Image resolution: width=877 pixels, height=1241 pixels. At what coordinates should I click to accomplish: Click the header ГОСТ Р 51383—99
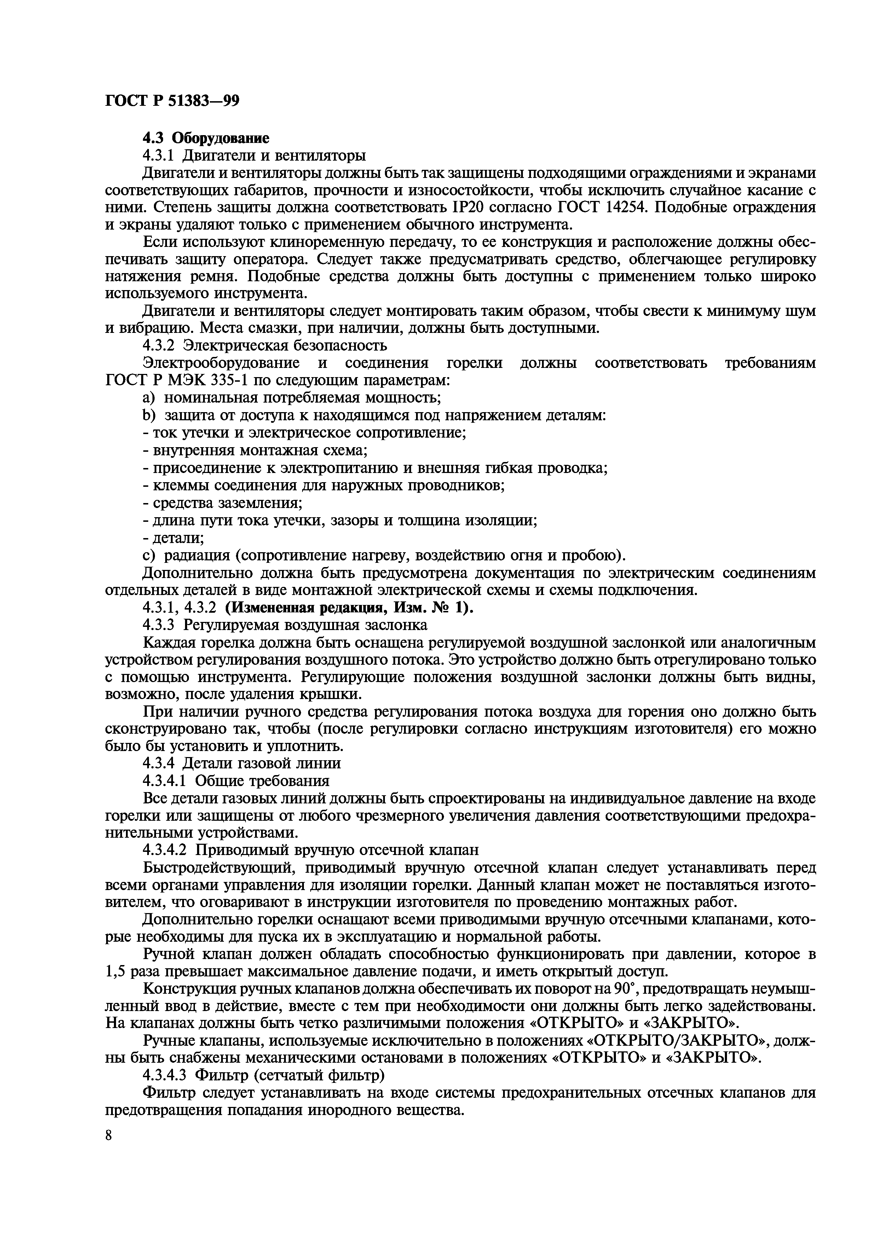[x=172, y=101]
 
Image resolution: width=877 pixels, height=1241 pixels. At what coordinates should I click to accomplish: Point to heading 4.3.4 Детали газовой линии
[x=241, y=763]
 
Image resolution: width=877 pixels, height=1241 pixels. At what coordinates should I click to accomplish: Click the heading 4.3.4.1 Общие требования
[x=236, y=780]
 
